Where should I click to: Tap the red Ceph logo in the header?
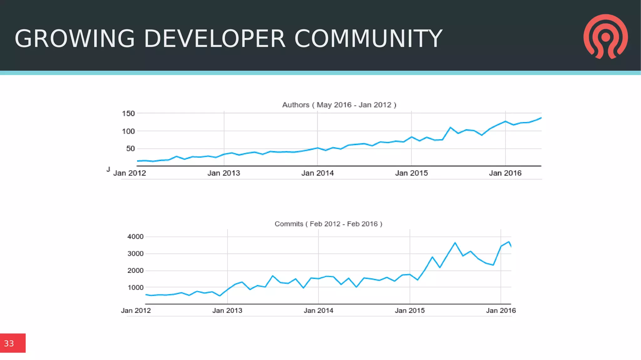click(x=605, y=37)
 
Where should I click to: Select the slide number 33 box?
click(x=13, y=343)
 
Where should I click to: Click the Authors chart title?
click(x=339, y=105)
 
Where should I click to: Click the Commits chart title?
click(x=328, y=224)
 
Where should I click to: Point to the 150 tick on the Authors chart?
click(x=128, y=113)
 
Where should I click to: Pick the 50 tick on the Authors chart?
click(x=131, y=149)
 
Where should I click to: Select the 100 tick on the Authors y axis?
click(x=128, y=131)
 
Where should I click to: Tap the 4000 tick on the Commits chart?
click(x=136, y=237)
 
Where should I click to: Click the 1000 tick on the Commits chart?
click(x=136, y=287)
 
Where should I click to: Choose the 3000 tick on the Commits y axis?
click(x=136, y=254)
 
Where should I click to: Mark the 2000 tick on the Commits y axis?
click(x=136, y=270)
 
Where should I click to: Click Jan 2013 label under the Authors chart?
click(x=224, y=173)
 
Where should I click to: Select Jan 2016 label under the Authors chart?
click(x=505, y=173)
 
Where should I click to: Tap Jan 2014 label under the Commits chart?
click(x=318, y=311)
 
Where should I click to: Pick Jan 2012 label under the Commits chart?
click(x=136, y=311)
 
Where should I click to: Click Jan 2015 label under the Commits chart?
click(x=410, y=311)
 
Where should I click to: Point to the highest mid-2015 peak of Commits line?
click(x=455, y=243)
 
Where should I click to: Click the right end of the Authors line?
click(x=541, y=118)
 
